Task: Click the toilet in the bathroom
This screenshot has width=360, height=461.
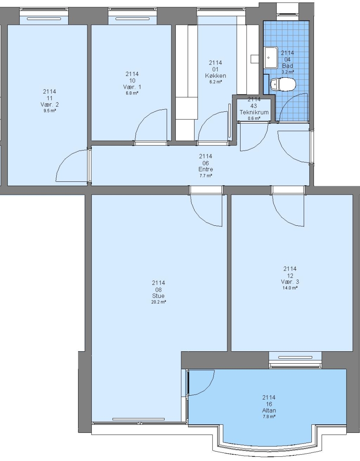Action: tap(282, 85)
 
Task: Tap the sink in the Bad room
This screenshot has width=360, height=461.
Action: tap(271, 57)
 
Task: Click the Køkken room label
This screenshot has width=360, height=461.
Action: tap(215, 76)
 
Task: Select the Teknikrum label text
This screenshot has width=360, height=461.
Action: tap(254, 112)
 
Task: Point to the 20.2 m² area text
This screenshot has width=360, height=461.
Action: tap(158, 302)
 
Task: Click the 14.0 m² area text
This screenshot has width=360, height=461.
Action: tap(290, 288)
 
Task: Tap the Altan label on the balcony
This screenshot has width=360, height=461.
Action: tap(269, 411)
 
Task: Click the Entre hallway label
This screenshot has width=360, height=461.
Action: tap(206, 169)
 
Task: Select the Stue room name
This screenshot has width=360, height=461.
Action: tap(158, 296)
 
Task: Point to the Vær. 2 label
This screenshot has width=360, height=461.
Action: tap(49, 105)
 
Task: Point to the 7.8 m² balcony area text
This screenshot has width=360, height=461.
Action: tap(269, 417)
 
